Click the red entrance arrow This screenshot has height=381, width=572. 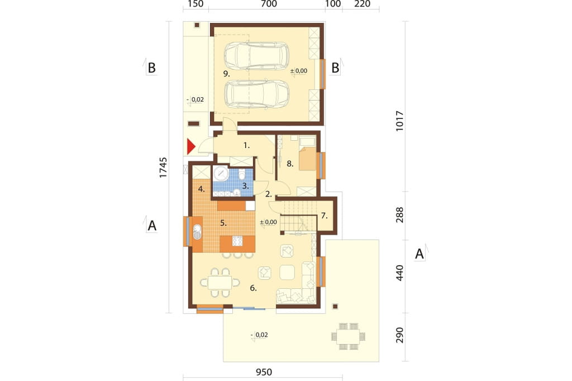[191, 147]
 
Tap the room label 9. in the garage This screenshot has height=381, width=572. [227, 74]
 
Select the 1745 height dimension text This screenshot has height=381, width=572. [163, 168]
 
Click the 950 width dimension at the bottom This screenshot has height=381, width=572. [264, 372]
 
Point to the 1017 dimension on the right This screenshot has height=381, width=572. [400, 121]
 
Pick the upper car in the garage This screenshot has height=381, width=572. [256, 56]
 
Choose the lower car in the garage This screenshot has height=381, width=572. [256, 94]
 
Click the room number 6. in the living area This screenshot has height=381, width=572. [253, 288]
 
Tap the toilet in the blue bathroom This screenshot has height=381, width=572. [241, 175]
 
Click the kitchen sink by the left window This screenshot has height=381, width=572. [197, 232]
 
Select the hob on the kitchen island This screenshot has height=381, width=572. [237, 241]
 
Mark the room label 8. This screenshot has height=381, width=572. [290, 164]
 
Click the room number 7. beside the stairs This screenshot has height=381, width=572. [325, 216]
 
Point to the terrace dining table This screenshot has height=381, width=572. [349, 336]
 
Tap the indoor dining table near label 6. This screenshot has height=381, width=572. [220, 282]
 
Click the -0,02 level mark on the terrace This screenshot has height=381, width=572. [259, 335]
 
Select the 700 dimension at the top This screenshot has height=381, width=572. [269, 4]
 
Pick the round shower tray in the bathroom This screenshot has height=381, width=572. [221, 174]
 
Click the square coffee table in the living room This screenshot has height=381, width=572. [287, 272]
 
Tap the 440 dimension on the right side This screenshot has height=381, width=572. [400, 273]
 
